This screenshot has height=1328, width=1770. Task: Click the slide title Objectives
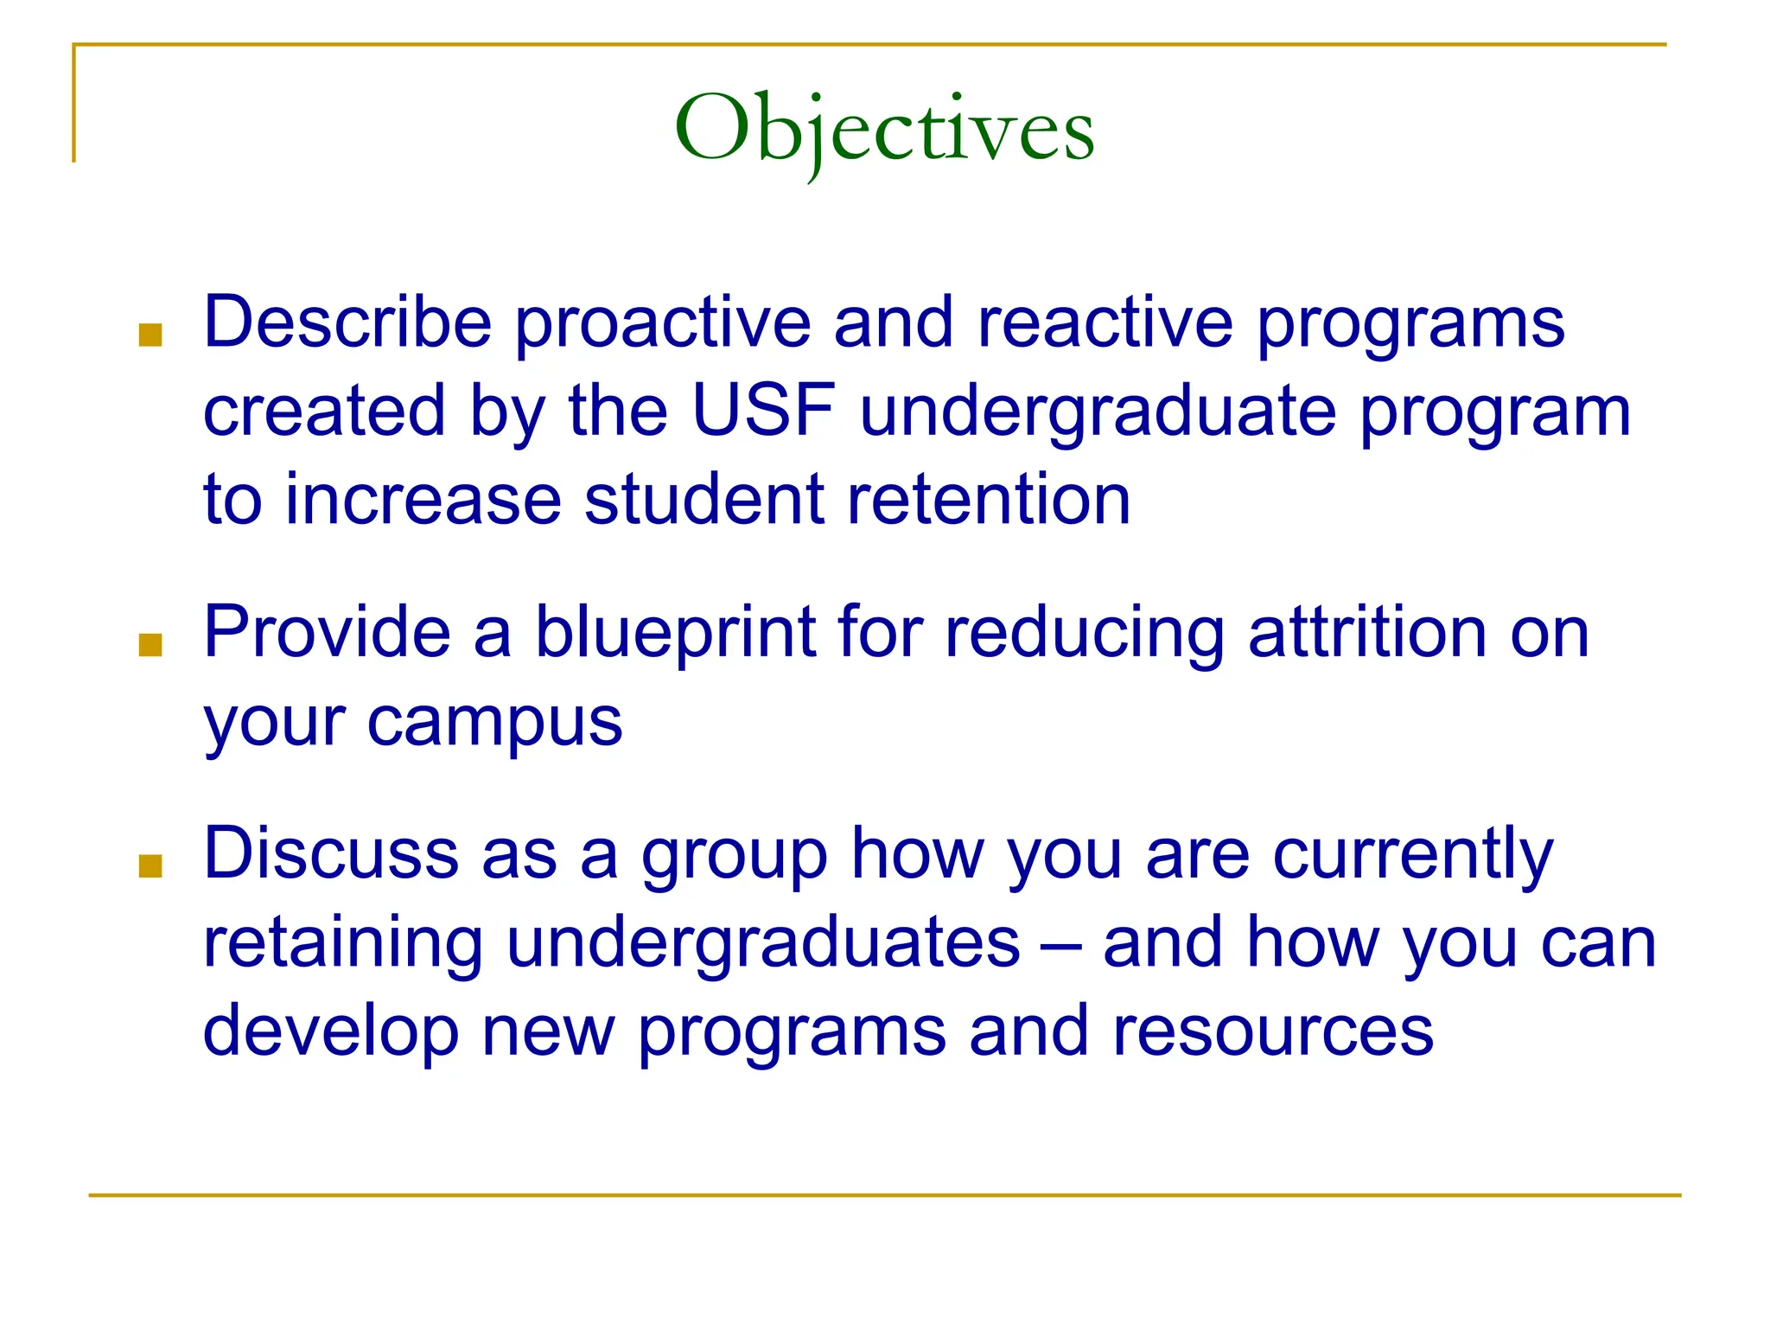(884, 130)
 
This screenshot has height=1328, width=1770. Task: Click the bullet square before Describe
(150, 335)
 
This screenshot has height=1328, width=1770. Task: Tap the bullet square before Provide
(150, 645)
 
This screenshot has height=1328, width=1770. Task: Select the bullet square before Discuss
(150, 865)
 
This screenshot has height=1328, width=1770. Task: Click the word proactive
(663, 324)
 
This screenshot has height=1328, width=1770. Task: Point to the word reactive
(1105, 324)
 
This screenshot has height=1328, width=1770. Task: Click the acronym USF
(764, 411)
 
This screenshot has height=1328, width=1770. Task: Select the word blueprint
(676, 633)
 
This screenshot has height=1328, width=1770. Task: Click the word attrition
(1367, 633)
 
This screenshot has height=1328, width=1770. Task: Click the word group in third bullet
(735, 856)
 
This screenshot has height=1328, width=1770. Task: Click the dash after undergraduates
(1061, 944)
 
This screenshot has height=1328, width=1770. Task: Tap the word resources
(1273, 1032)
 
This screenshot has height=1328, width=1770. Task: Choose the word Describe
(347, 322)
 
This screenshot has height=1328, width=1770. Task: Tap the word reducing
(1084, 635)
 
